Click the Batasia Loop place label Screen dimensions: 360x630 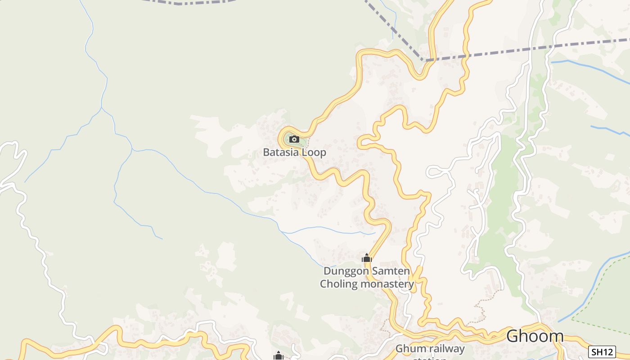click(x=294, y=152)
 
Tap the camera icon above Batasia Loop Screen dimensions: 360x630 click(x=294, y=139)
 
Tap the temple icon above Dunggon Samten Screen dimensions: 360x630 click(x=367, y=258)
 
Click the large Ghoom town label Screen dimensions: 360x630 click(x=535, y=336)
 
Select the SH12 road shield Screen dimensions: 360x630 click(x=602, y=351)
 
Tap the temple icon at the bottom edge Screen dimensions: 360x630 click(x=278, y=356)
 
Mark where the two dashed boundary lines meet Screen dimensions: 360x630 click(x=424, y=60)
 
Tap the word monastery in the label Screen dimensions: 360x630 click(x=387, y=284)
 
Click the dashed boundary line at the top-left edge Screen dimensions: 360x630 click(x=189, y=3)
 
